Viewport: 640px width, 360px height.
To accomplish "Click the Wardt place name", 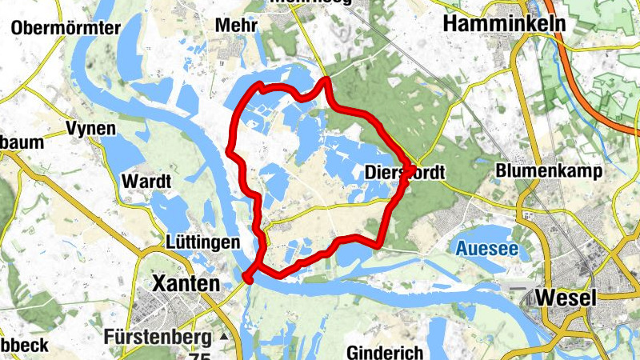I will pyautogui.click(x=146, y=182).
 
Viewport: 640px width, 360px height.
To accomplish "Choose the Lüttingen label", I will pyautogui.click(x=204, y=242).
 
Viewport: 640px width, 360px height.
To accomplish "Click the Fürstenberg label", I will pyautogui.click(x=157, y=337).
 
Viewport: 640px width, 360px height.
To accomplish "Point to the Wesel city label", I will pyautogui.click(x=566, y=298).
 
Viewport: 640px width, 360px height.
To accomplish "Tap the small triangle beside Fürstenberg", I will pyautogui.click(x=223, y=338).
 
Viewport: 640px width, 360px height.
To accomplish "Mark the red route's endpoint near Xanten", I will pyautogui.click(x=247, y=278).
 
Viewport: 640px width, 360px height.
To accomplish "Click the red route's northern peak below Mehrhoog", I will pyautogui.click(x=326, y=80).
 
